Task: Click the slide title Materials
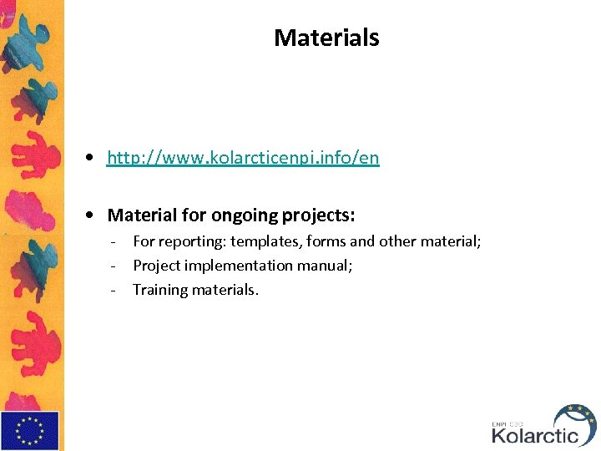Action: tap(326, 38)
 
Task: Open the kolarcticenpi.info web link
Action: tap(243, 158)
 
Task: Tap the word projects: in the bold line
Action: tap(318, 215)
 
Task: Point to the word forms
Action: tap(326, 241)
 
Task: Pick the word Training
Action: tap(161, 290)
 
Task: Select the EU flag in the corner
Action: tap(30, 431)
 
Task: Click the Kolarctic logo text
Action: tap(534, 435)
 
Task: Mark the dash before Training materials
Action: tap(111, 291)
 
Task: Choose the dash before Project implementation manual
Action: tap(111, 266)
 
